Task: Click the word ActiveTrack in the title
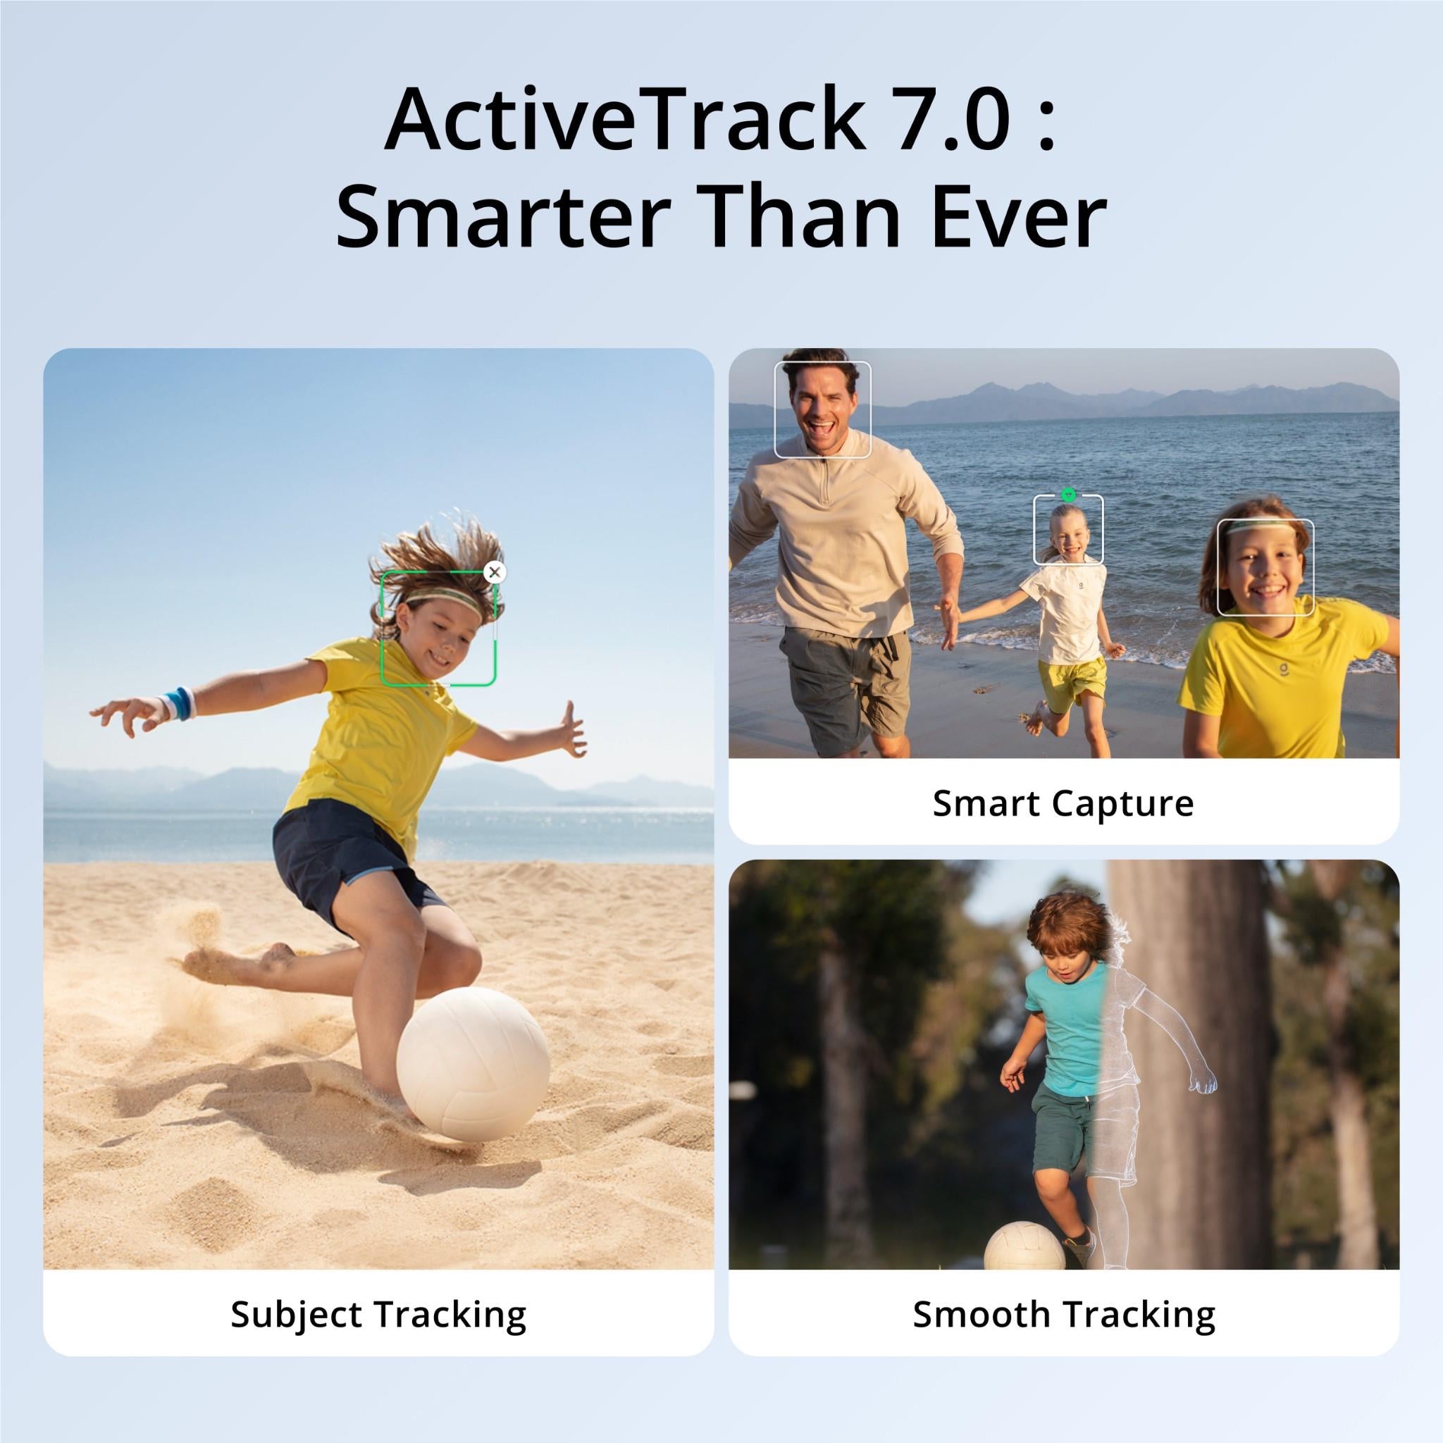click(x=624, y=120)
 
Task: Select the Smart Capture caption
click(x=1063, y=805)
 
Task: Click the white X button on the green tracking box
click(x=495, y=573)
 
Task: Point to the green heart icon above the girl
click(x=1068, y=494)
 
